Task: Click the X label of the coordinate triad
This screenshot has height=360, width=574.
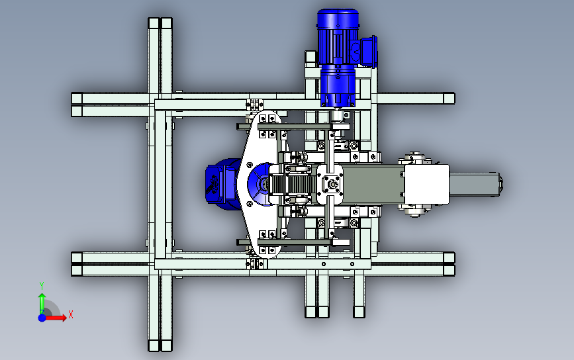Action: pos(71,314)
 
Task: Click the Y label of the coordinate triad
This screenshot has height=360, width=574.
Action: pos(42,286)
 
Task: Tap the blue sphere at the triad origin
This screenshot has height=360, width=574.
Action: pos(42,318)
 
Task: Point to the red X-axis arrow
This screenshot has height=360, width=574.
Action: pos(55,317)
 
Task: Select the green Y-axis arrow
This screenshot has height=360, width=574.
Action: pos(42,303)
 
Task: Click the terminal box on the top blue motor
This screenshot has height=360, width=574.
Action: pos(367,52)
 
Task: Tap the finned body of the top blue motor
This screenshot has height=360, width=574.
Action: pos(338,37)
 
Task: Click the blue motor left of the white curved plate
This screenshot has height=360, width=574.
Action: pos(222,184)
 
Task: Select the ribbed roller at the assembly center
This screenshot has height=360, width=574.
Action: pos(292,185)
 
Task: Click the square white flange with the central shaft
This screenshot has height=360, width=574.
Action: pos(330,184)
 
